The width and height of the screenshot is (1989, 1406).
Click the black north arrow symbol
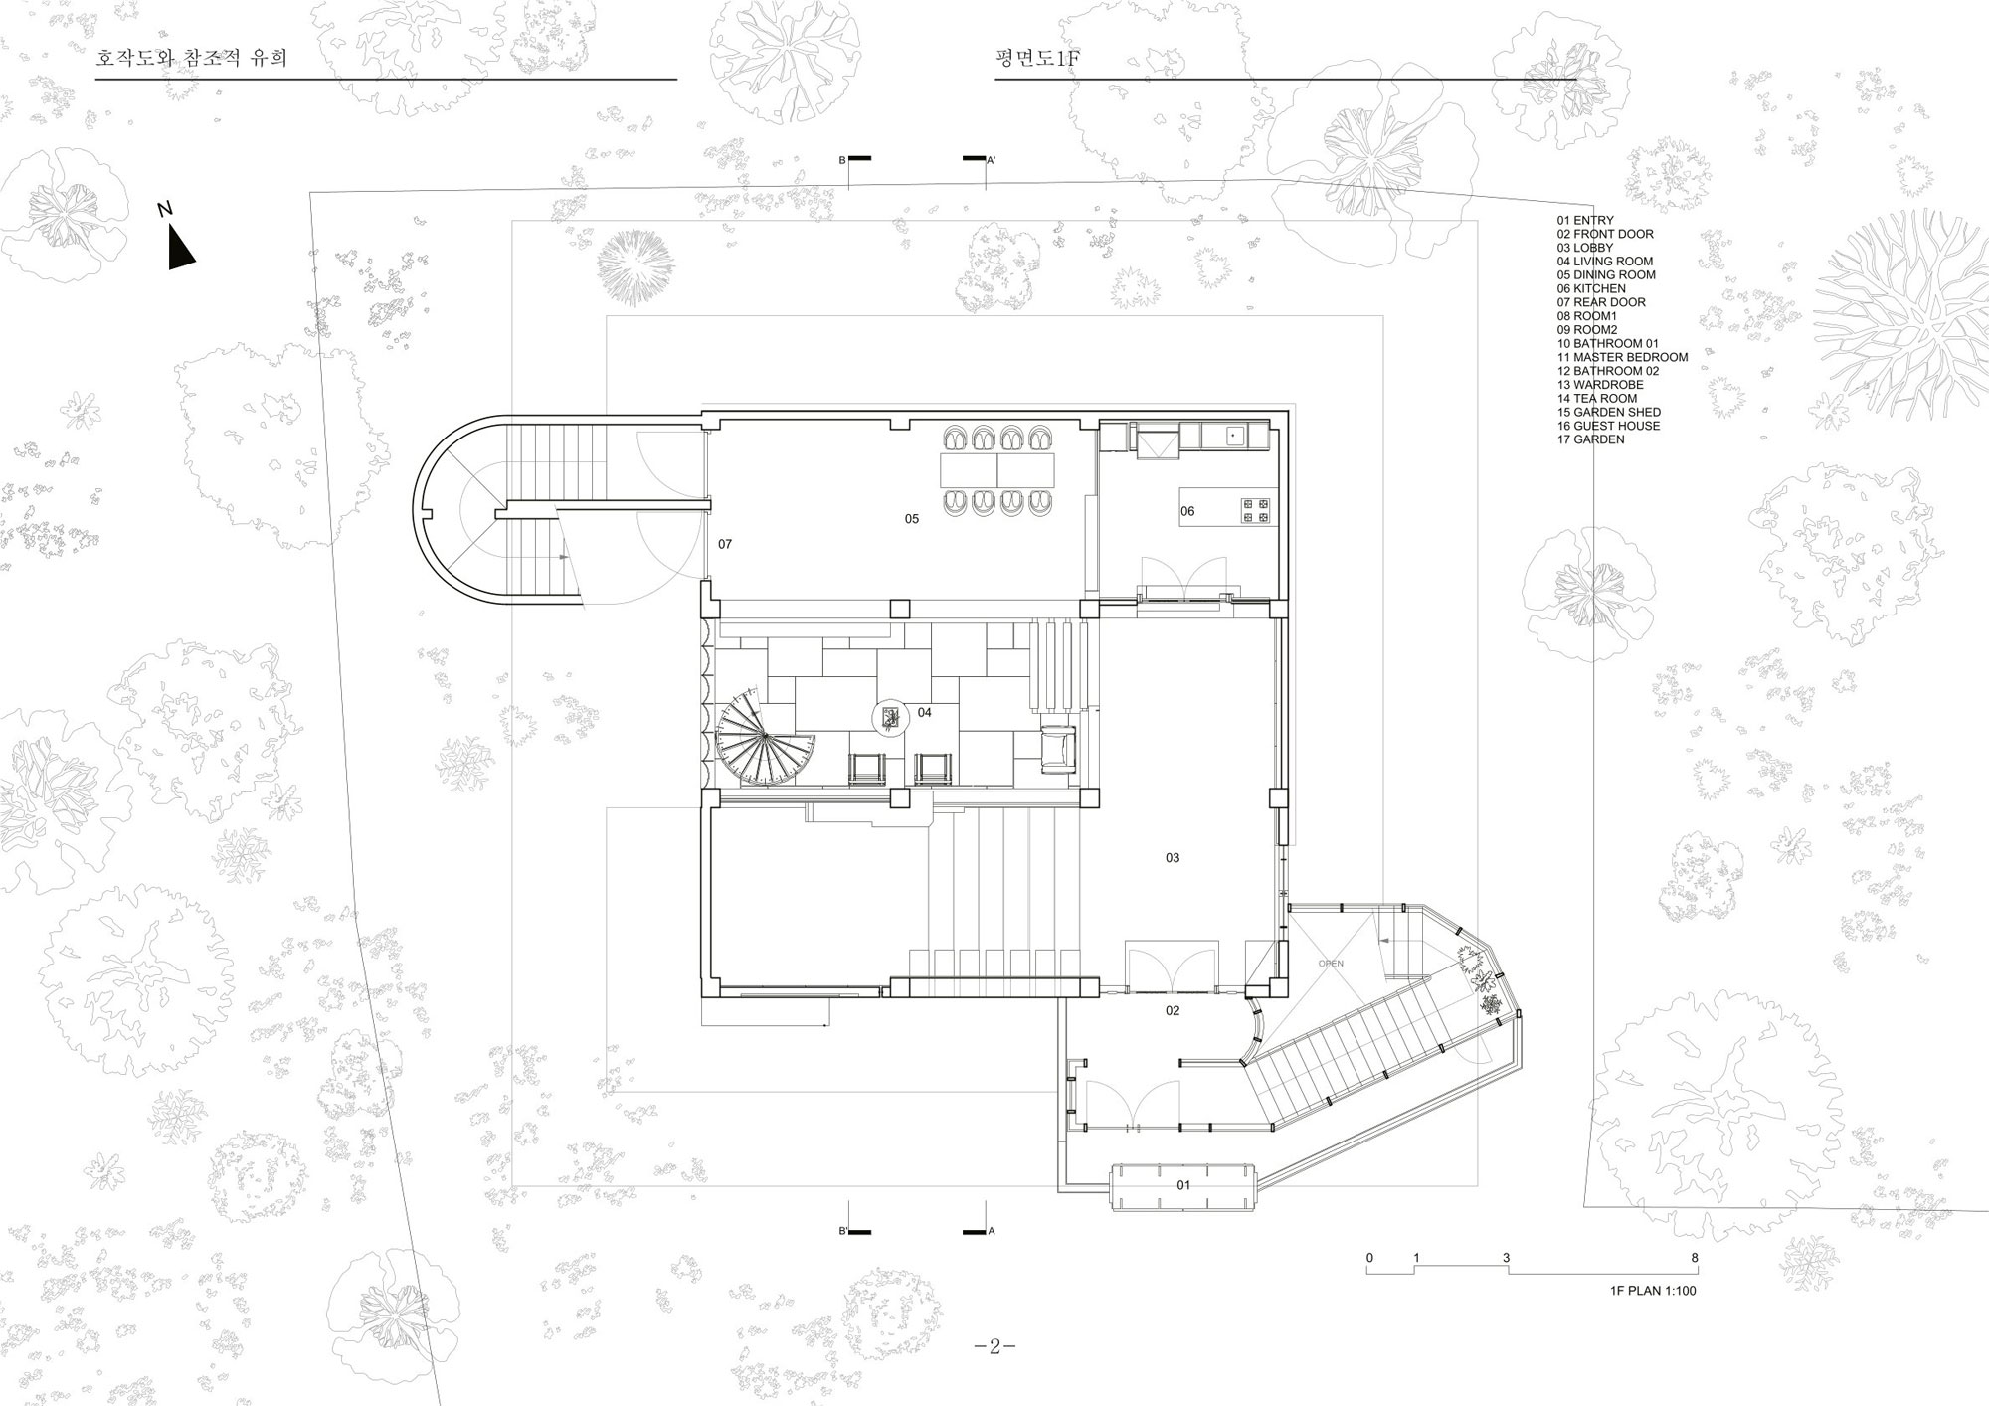point(178,249)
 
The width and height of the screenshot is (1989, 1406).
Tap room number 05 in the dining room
point(912,519)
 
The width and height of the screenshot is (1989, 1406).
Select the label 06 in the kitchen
point(1187,512)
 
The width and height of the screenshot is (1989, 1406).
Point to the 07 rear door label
point(725,544)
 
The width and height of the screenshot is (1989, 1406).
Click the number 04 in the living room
point(925,712)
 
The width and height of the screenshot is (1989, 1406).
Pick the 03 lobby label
point(1173,858)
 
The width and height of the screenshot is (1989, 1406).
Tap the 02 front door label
point(1173,1011)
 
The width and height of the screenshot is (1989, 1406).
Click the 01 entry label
point(1183,1185)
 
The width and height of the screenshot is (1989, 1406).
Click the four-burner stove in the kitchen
point(1256,510)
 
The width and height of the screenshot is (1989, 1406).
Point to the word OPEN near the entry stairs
point(1331,964)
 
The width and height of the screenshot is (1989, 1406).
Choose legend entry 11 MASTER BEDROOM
point(1623,357)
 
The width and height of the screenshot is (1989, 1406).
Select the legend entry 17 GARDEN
point(1591,439)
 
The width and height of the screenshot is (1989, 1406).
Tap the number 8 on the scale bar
point(1695,1259)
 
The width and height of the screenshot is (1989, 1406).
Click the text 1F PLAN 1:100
point(1653,1291)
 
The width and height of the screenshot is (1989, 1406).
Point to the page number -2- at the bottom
point(995,1347)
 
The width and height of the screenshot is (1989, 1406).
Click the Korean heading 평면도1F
point(1038,59)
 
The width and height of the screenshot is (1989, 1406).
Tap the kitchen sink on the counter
point(1233,436)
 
